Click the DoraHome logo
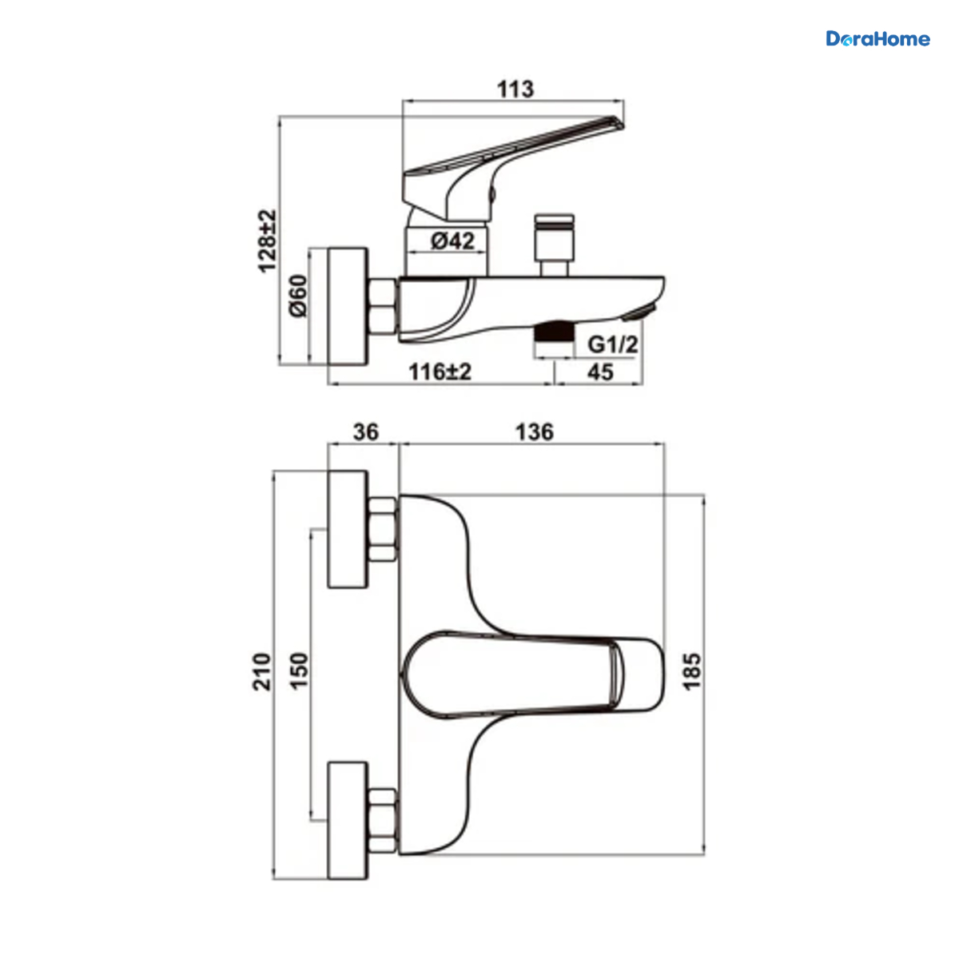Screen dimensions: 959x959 (877, 38)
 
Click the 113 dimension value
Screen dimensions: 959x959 (515, 90)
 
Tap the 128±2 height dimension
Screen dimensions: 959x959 (267, 241)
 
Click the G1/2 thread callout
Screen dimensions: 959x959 (613, 344)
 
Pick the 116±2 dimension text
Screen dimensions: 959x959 (440, 372)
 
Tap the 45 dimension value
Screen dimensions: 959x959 (601, 372)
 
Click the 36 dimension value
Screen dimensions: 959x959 (366, 432)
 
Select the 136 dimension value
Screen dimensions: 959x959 (534, 432)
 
